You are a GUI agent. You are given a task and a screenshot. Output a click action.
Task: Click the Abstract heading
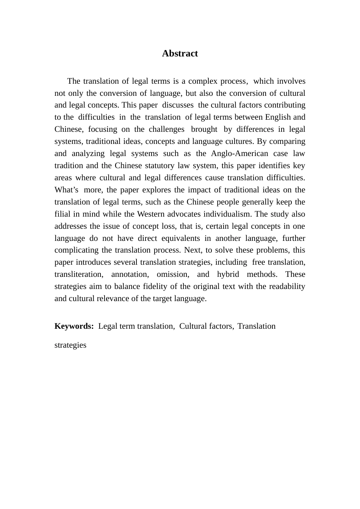180,53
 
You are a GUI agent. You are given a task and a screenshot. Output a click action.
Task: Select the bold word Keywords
74,326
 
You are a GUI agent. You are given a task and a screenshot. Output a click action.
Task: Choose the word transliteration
78,274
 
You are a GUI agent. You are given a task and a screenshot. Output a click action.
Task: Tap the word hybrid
228,274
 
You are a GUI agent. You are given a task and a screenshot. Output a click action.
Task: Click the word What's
67,190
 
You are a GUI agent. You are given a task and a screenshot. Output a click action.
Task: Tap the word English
277,117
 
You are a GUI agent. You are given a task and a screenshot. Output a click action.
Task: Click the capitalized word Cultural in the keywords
193,326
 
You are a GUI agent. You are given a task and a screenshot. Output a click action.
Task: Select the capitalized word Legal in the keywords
108,326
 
